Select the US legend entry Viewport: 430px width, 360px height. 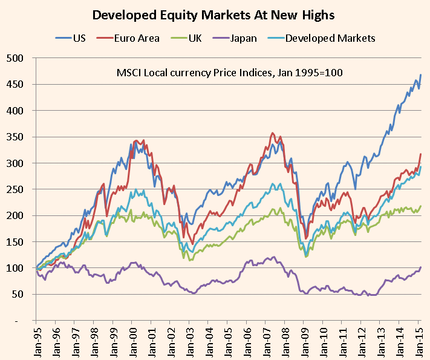78,38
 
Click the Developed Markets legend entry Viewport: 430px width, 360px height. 330,38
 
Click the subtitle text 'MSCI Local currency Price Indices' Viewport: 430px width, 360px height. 230,73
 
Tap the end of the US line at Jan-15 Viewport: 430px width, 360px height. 421,75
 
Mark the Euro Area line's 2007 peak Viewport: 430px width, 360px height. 273,133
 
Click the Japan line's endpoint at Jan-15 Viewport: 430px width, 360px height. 421,267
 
